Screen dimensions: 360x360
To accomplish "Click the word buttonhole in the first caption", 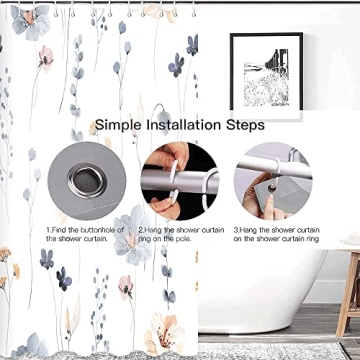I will pyautogui.click(x=104, y=232).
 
